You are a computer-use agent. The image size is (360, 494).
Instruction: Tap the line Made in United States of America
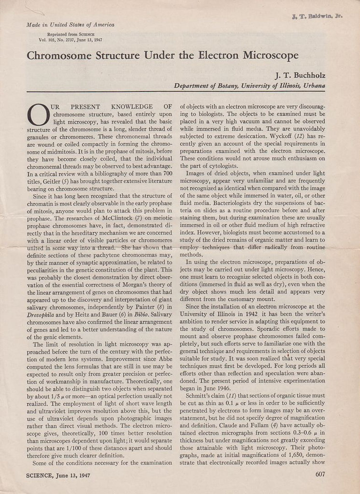[x=70, y=25]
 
